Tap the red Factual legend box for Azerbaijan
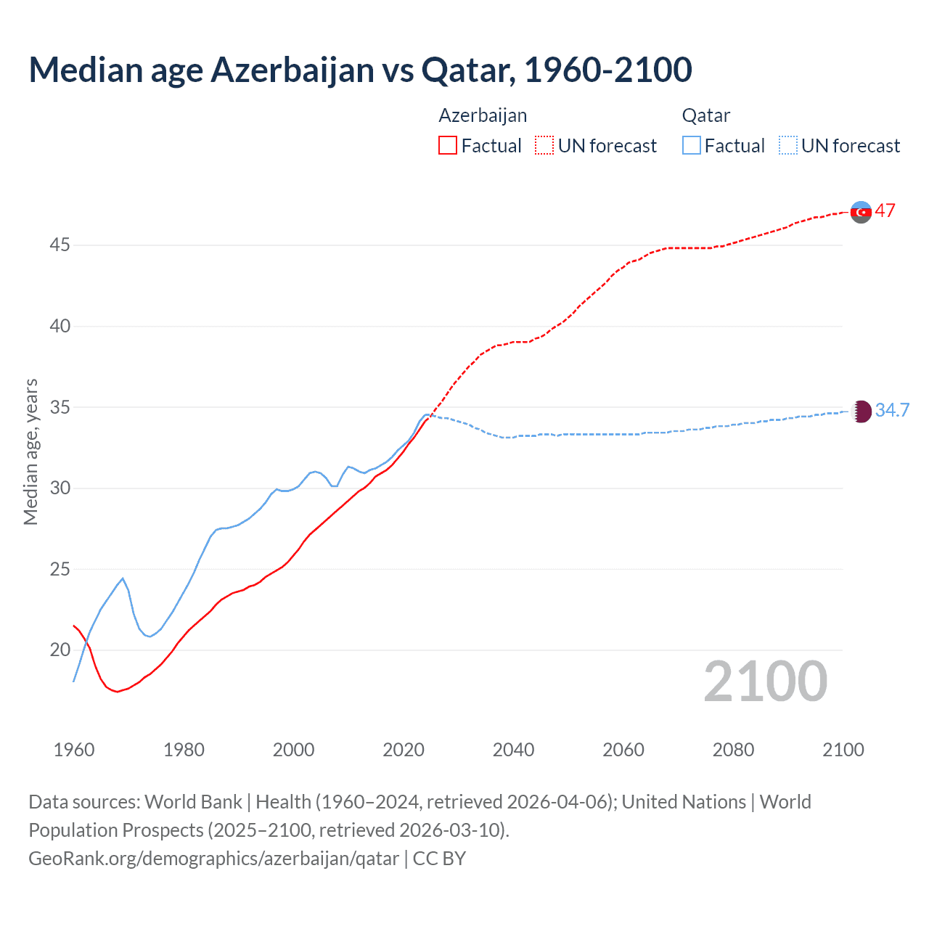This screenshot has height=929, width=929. [x=448, y=146]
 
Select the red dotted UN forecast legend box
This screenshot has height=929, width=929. [x=544, y=146]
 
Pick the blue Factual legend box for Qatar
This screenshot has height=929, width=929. [x=692, y=146]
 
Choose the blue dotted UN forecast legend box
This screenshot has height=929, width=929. [x=788, y=146]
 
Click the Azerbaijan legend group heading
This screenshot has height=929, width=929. [x=483, y=115]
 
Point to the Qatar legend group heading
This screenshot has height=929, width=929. [x=705, y=115]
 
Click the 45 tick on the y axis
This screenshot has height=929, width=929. [x=60, y=245]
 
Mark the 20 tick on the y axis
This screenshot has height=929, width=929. [x=60, y=650]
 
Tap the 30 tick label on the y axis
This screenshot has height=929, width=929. [x=60, y=488]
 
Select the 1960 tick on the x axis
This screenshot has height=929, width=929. [x=74, y=750]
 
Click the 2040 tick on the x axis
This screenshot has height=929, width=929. [x=513, y=750]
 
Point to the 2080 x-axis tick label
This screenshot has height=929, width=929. [x=733, y=750]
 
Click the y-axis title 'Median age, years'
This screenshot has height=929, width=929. [x=30, y=451]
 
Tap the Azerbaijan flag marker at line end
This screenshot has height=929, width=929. [x=861, y=212]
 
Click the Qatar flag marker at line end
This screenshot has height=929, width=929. [x=861, y=412]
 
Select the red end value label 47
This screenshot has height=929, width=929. [x=885, y=211]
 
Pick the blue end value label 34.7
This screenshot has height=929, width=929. [x=892, y=411]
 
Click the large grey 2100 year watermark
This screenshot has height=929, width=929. [x=765, y=682]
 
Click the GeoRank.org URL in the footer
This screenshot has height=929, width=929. [x=213, y=859]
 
